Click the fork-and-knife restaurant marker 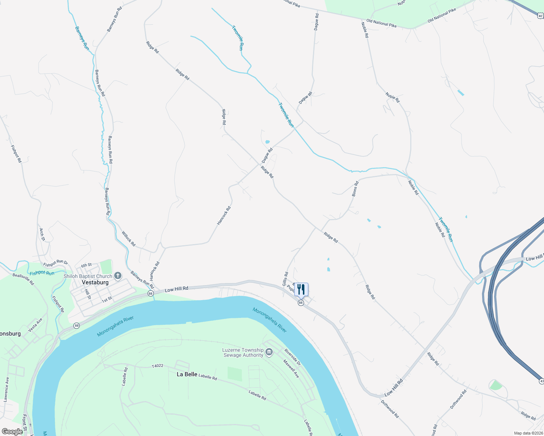point(301,289)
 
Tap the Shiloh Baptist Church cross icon point(118,276)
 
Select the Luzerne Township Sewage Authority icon point(269,352)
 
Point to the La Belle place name point(187,374)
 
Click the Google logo point(12,431)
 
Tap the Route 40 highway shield point(540,16)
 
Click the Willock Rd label point(128,239)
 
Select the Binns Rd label point(355,189)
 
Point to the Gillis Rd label point(285,279)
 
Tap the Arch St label point(42,234)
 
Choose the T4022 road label point(157,367)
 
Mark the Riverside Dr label point(293,357)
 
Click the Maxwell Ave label point(291,368)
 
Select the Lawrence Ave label point(6,389)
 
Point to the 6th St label point(86,265)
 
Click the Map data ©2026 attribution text point(528,433)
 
